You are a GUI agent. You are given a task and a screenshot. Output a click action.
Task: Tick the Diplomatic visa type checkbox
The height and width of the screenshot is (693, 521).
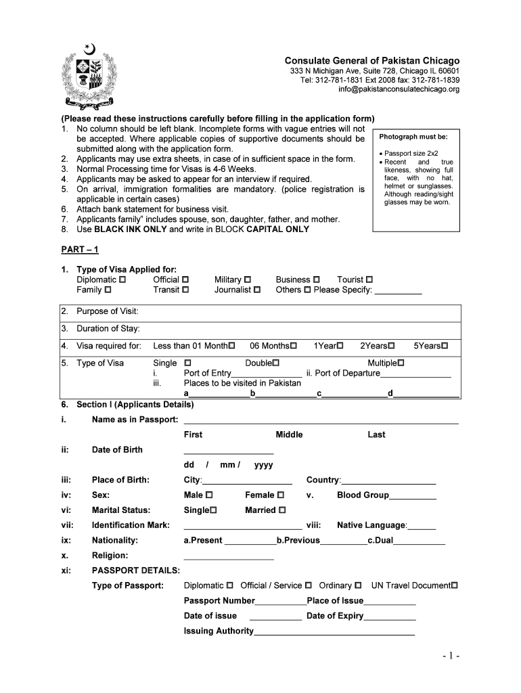point(122,280)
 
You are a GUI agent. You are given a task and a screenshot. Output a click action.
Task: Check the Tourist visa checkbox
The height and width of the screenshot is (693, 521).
point(369,280)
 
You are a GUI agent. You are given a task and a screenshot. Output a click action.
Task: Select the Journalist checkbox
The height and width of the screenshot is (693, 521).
point(256,290)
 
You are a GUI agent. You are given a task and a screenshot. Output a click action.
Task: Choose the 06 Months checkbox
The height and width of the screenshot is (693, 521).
point(294,346)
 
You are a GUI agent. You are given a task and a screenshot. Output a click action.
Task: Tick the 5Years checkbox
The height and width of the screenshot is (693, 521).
point(445,346)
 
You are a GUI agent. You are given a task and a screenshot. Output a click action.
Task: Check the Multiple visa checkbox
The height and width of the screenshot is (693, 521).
point(401,363)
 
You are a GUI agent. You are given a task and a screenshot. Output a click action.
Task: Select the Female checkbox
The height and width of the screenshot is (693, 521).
point(280,495)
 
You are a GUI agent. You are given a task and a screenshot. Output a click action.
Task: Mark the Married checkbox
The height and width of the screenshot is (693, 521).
point(282,510)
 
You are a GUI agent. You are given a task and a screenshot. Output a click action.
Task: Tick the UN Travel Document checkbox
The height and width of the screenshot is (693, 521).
point(455,585)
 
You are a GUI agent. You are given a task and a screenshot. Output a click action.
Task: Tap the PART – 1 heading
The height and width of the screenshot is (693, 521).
point(80,250)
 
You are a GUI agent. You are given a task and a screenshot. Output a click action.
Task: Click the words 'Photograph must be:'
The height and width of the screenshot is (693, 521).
point(409,137)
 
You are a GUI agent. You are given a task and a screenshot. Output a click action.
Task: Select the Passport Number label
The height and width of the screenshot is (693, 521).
point(219,601)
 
